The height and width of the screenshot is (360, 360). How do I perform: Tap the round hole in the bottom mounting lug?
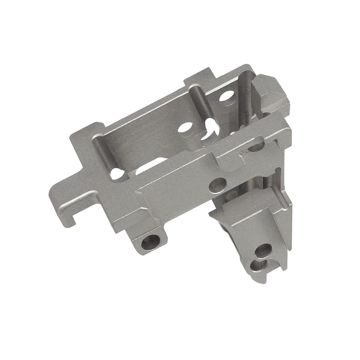tap(150, 242)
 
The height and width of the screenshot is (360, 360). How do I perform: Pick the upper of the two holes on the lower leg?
tap(263, 250)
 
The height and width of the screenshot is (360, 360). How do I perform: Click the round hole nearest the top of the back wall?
tap(227, 96)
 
